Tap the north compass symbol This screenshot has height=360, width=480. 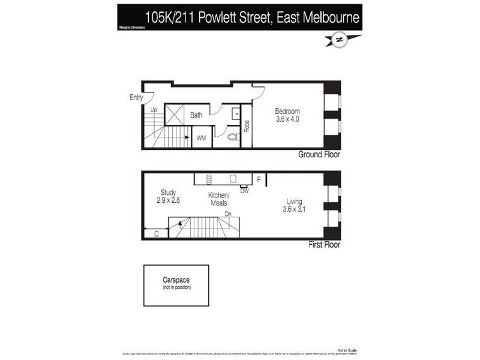click(x=339, y=40)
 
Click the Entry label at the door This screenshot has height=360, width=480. click(x=137, y=97)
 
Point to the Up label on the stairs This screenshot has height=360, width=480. click(x=154, y=110)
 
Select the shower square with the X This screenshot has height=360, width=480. click(x=175, y=114)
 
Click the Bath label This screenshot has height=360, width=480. click(x=197, y=115)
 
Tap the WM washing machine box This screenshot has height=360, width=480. click(x=202, y=138)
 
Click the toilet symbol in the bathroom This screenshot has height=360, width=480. click(x=233, y=137)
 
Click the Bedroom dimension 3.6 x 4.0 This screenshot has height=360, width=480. click(x=287, y=119)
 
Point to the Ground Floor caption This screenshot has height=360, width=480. click(x=319, y=154)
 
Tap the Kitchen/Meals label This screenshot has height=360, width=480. click(x=218, y=199)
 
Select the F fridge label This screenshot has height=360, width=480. click(x=259, y=179)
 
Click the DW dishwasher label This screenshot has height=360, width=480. click(x=244, y=191)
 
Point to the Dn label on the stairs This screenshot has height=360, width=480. click(x=228, y=214)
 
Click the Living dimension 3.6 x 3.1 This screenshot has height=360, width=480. click(x=294, y=209)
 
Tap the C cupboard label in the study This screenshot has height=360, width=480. click(x=156, y=234)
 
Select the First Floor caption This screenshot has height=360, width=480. click(x=324, y=245)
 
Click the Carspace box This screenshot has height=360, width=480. click(x=176, y=285)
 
